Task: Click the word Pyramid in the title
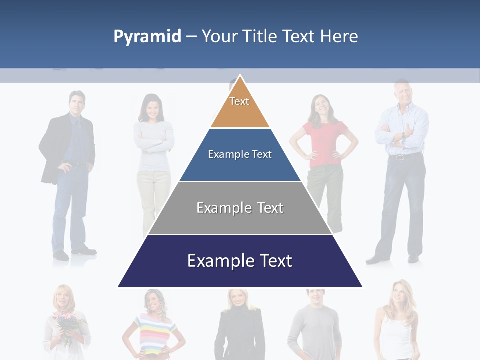pos(147,37)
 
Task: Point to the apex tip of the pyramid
pos(240,76)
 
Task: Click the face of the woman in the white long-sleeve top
pos(154,107)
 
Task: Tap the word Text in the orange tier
pos(239,101)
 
